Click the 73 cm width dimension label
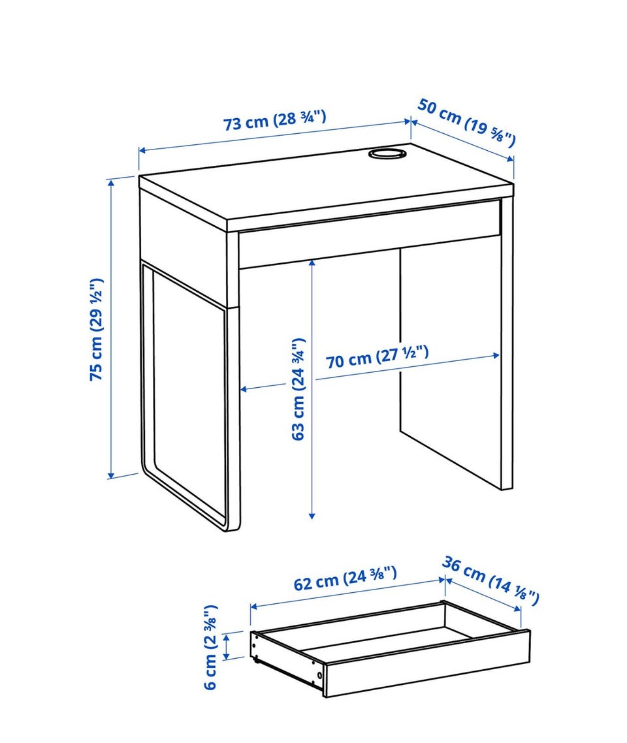click(274, 120)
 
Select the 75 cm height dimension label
click(97, 329)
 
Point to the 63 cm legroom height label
click(298, 389)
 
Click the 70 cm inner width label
click(378, 357)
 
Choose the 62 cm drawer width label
click(345, 578)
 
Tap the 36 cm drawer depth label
click(490, 581)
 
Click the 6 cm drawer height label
click(210, 647)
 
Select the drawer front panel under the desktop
click(370, 234)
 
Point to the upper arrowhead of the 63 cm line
click(312, 264)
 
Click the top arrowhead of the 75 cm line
click(112, 183)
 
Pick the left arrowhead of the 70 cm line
click(244, 389)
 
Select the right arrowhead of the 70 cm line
click(496, 355)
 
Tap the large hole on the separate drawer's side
click(320, 674)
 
